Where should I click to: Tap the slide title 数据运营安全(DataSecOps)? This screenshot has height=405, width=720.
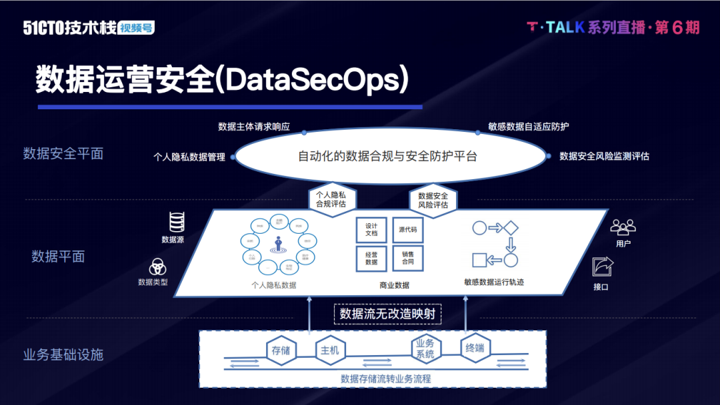pyautogui.click(x=221, y=79)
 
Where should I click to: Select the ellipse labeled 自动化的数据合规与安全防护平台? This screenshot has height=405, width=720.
pyautogui.click(x=387, y=157)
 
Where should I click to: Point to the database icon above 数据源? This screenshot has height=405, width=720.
pyautogui.click(x=177, y=221)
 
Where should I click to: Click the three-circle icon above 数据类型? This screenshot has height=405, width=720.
pyautogui.click(x=157, y=266)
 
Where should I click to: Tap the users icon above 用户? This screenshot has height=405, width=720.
pyautogui.click(x=623, y=227)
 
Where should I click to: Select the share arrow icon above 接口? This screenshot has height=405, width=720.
pyautogui.click(x=603, y=266)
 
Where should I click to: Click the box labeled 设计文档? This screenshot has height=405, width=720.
pyautogui.click(x=371, y=229)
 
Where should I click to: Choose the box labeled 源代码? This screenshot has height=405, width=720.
pyautogui.click(x=407, y=229)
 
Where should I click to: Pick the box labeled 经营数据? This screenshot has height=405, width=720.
pyautogui.click(x=371, y=258)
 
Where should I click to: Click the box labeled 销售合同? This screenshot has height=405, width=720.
pyautogui.click(x=407, y=258)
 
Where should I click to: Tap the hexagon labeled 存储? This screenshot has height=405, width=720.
pyautogui.click(x=281, y=350)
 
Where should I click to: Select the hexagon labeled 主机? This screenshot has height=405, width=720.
pyautogui.click(x=329, y=350)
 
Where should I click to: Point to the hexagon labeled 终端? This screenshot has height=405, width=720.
pyautogui.click(x=475, y=348)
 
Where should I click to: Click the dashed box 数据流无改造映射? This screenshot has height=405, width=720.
pyautogui.click(x=388, y=313)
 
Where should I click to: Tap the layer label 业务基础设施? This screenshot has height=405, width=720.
pyautogui.click(x=63, y=354)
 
